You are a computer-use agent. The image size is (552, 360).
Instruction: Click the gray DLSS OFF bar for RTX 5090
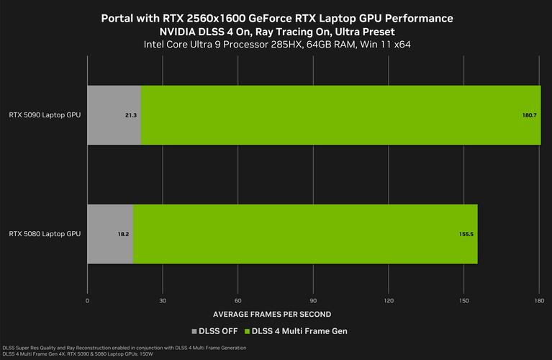pos(114,114)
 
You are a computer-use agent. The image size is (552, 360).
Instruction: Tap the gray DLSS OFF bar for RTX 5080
pos(110,234)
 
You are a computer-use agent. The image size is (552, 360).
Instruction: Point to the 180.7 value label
pos(530,115)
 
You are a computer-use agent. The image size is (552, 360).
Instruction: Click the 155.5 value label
pos(466,235)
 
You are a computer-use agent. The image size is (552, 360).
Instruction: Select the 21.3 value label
pos(131,115)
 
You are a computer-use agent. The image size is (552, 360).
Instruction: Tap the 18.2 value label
pos(123,235)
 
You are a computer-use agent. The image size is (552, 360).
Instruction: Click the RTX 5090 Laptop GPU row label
pos(45,114)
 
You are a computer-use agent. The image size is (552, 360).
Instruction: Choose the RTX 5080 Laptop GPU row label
pos(45,234)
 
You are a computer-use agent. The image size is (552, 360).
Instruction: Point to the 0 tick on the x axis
pos(87,300)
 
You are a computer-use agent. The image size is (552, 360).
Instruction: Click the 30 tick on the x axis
pos(163,300)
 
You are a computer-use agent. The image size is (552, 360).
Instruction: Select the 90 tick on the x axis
pos(313,300)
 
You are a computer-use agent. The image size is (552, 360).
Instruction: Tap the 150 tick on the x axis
pos(464,300)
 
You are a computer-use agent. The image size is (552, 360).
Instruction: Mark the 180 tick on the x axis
pos(539,300)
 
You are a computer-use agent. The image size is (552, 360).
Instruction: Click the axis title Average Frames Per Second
pos(272,315)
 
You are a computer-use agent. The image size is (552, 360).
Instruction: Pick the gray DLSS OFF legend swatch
pos(194,331)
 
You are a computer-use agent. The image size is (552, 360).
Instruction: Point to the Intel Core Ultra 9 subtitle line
pos(276,45)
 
